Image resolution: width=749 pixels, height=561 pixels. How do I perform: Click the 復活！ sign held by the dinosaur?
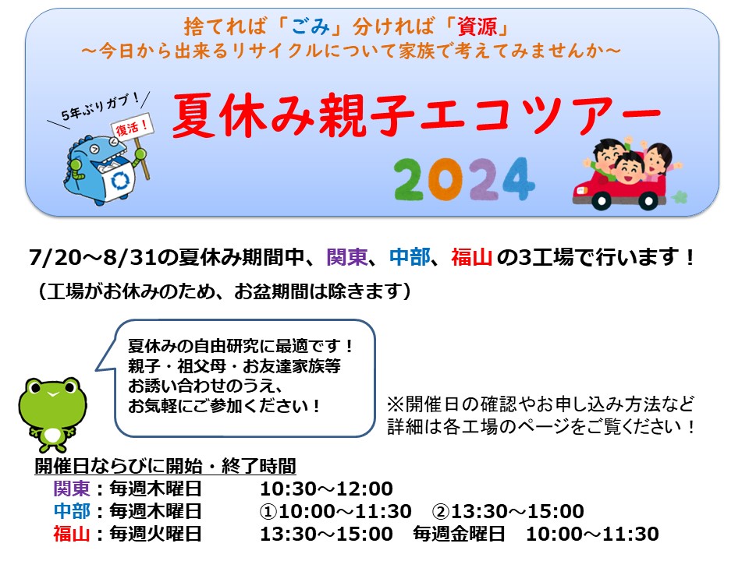click(x=133, y=126)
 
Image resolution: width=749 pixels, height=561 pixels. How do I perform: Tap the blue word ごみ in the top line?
click(x=310, y=26)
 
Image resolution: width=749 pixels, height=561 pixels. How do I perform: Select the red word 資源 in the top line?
click(x=477, y=26)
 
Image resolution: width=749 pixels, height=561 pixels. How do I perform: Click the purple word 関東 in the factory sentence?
click(x=347, y=257)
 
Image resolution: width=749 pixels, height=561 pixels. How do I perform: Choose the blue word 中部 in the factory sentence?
click(x=410, y=257)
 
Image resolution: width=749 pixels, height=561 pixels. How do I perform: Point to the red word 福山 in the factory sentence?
click(x=472, y=257)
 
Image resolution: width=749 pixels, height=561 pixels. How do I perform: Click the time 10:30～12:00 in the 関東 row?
click(x=326, y=489)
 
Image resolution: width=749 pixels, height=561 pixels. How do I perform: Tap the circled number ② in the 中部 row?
click(x=441, y=512)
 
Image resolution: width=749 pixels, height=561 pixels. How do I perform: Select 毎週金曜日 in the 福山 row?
click(x=459, y=534)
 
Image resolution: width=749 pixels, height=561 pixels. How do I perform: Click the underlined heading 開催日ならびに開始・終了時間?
click(x=165, y=466)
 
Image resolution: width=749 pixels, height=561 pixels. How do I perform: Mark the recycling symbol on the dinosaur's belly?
click(x=120, y=180)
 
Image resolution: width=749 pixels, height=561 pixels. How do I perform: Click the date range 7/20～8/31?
click(x=93, y=258)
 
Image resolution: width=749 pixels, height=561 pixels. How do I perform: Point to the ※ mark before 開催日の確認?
click(x=395, y=404)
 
